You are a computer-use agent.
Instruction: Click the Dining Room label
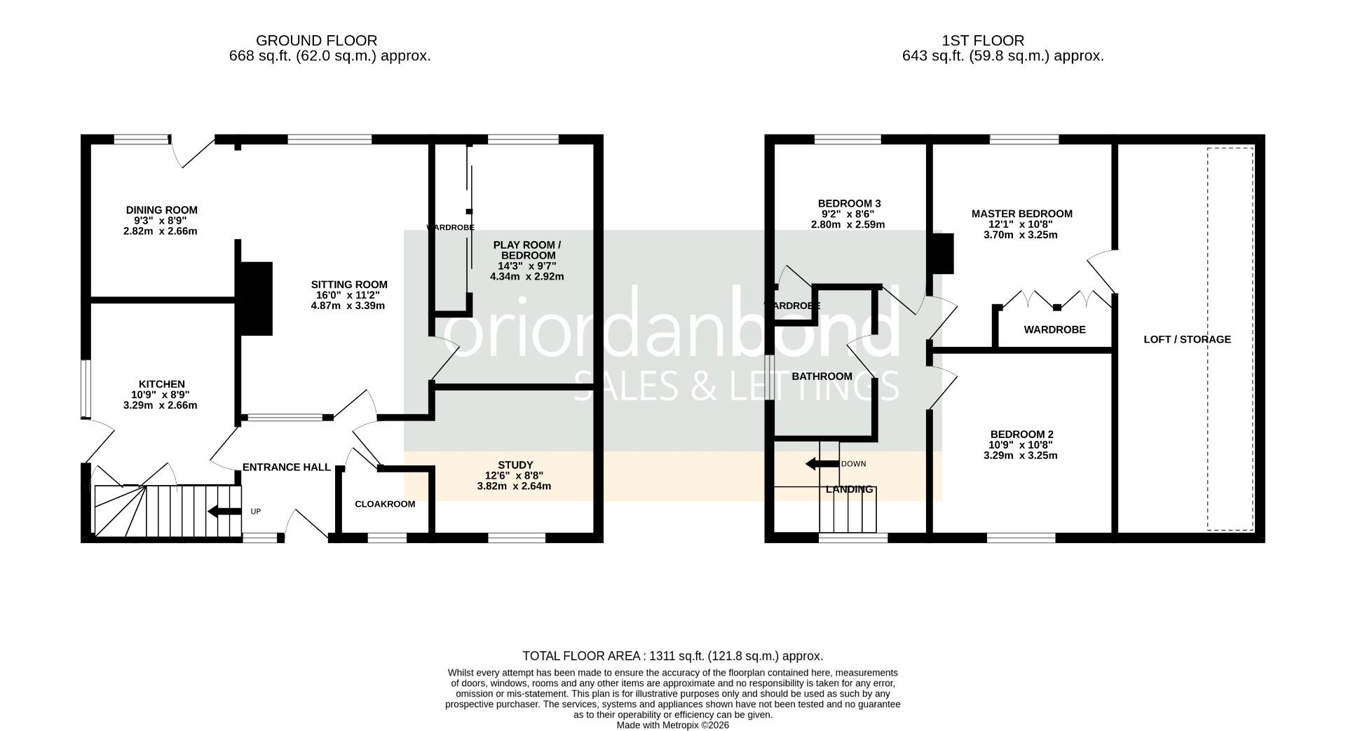point(161,210)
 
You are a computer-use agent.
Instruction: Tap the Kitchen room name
point(161,384)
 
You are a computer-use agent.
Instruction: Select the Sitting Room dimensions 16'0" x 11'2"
point(349,295)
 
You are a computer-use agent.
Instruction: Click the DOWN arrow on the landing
point(822,463)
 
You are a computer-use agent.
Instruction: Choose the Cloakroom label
point(385,504)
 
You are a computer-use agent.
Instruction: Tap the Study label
point(515,465)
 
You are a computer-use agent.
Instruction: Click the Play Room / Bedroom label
point(527,250)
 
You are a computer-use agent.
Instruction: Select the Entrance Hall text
point(286,467)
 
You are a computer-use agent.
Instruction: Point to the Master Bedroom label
point(1021,214)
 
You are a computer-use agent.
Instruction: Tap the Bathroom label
point(822,376)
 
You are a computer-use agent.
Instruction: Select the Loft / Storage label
point(1187,339)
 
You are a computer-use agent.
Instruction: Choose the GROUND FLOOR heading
point(316,41)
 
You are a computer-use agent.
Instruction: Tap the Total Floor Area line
point(672,656)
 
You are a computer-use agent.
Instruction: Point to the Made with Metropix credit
point(672,725)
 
